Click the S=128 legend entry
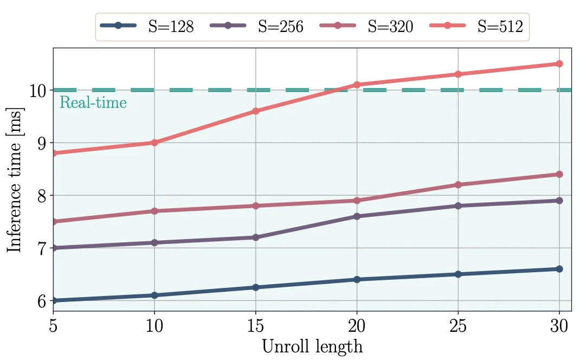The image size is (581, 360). [x=147, y=27]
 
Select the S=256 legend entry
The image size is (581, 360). [x=257, y=27]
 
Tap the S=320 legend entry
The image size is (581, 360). [x=366, y=27]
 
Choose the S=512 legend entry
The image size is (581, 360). [x=476, y=27]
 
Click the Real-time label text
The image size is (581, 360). [x=93, y=102]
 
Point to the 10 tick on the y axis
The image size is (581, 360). [x=38, y=91]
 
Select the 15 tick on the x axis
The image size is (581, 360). [x=256, y=326]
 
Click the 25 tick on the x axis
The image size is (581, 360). [x=459, y=326]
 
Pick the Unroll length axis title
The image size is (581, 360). [x=312, y=347]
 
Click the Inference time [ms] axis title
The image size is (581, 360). [x=15, y=180]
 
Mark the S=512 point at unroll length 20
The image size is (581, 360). [x=357, y=85]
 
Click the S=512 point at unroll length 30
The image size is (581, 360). [x=559, y=64]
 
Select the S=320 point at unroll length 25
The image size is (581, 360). [x=459, y=185]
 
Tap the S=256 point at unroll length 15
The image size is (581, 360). [x=256, y=237]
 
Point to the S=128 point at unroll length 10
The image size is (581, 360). [x=154, y=295]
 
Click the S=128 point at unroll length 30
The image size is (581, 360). [x=559, y=269]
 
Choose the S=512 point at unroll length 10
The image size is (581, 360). [x=154, y=143]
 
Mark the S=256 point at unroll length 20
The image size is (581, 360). [x=357, y=216]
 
